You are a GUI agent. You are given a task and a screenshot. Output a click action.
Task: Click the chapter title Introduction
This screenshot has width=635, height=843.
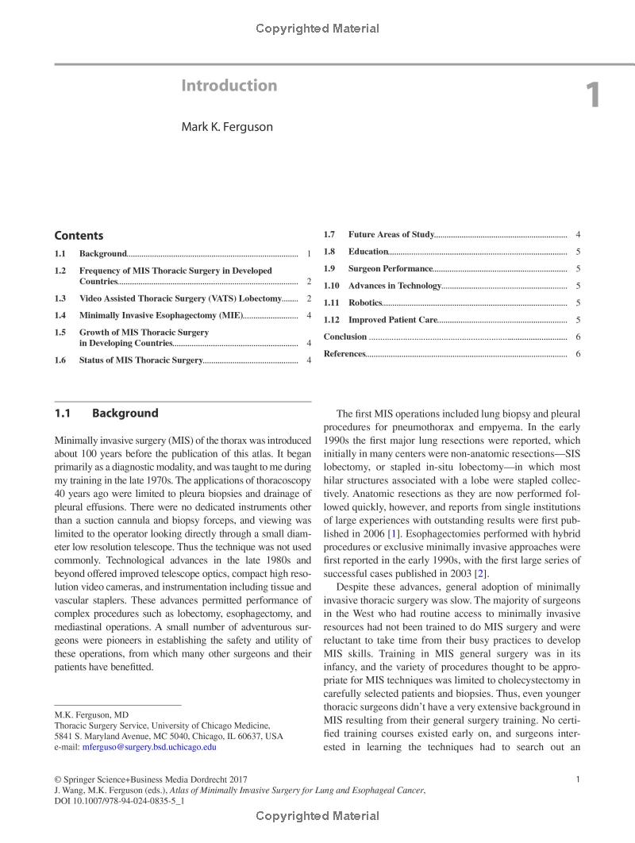point(229,86)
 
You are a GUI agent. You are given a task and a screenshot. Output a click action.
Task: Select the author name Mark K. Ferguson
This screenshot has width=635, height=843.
point(227,126)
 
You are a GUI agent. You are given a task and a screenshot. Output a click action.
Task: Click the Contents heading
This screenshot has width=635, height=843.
point(79,236)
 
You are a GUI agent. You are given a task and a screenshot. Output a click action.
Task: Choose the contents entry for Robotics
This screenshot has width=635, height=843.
point(365,302)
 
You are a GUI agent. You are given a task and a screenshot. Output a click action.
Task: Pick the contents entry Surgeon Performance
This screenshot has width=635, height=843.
point(390,268)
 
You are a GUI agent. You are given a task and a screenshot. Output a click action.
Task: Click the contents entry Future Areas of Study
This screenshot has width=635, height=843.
point(391,234)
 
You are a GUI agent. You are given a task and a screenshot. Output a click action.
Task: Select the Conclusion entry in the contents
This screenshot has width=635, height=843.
point(345,337)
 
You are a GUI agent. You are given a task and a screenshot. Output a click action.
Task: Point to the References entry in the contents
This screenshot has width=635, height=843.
point(344,353)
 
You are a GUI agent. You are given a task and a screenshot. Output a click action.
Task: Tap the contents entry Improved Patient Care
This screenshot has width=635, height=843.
point(393,320)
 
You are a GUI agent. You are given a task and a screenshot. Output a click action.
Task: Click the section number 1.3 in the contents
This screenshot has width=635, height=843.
point(60,298)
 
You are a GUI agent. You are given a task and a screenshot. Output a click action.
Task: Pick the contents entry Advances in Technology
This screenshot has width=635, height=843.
point(394,286)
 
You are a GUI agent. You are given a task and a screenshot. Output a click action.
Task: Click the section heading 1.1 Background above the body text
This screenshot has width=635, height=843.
point(106,414)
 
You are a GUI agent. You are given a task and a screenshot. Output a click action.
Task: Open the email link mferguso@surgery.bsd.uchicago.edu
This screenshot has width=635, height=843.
point(149,747)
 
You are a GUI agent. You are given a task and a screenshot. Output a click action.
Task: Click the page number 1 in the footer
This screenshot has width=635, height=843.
point(578,779)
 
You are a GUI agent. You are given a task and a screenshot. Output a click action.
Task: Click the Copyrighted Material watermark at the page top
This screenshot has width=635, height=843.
point(317,29)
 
